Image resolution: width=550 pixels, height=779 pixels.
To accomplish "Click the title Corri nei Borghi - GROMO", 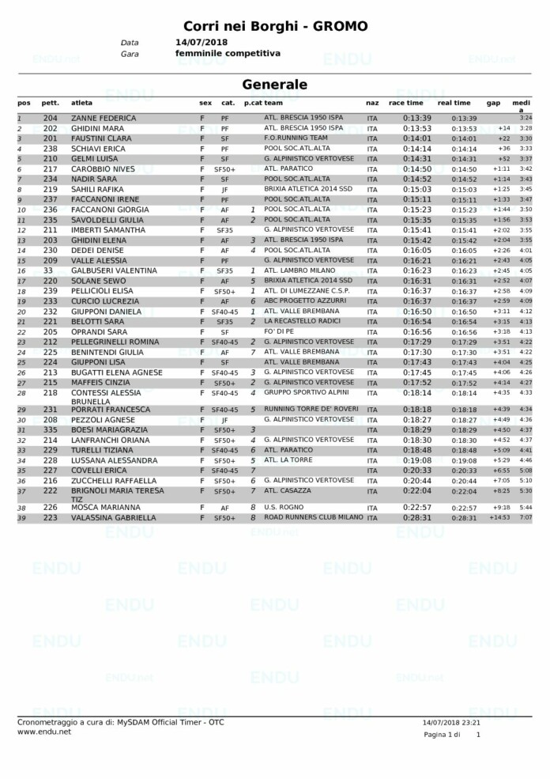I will (275, 26).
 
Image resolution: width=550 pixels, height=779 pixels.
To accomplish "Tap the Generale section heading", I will (275, 85).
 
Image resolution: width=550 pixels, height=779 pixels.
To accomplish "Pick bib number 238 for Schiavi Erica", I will (51, 148).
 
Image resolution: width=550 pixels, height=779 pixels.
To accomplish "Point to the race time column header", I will (406, 103).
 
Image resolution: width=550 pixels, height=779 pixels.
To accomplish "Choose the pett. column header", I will (51, 103).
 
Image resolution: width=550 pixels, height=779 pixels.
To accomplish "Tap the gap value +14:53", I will (499, 518).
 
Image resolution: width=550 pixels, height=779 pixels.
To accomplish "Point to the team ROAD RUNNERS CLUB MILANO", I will (313, 517).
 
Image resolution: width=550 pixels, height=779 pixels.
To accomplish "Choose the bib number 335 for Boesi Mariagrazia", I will (51, 429).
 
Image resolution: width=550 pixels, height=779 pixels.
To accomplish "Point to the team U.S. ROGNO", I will (282, 507).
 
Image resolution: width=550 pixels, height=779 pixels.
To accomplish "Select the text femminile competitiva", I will (228, 53).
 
